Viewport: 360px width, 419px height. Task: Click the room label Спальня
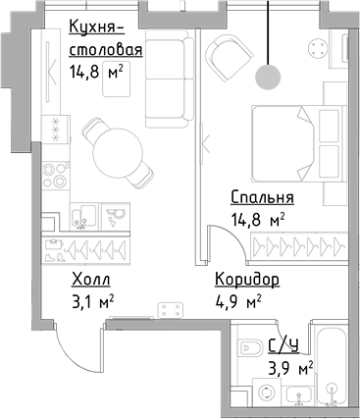[262, 197]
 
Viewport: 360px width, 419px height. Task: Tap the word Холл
[91, 281]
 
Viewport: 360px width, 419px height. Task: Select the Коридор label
[247, 281]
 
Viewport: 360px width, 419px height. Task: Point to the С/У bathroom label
[283, 345]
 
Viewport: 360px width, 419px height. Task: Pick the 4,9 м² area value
[238, 302]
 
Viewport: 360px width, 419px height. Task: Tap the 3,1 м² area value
[93, 302]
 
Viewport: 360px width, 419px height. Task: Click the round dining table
[118, 153]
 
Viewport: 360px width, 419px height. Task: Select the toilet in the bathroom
[250, 347]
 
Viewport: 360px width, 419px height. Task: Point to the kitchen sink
[84, 216]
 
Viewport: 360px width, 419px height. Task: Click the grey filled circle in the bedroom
[268, 77]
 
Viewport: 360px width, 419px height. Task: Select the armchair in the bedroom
[229, 57]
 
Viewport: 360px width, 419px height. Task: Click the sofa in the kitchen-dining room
[170, 79]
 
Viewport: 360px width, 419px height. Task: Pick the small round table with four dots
[317, 48]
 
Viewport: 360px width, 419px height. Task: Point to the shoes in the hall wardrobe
[54, 258]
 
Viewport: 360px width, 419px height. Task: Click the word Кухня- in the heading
[97, 27]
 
